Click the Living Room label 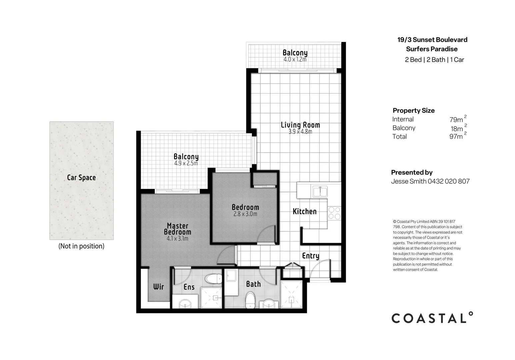pyautogui.click(x=300, y=125)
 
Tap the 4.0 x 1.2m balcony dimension pyautogui.click(x=295, y=60)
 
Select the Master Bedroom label pyautogui.click(x=177, y=229)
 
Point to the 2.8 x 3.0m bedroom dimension pyautogui.click(x=245, y=214)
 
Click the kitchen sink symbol pyautogui.click(x=320, y=192)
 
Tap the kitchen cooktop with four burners pyautogui.click(x=334, y=213)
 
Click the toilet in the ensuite pyautogui.click(x=213, y=279)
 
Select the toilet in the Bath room pyautogui.click(x=250, y=300)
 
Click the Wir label pyautogui.click(x=158, y=287)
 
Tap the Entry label pyautogui.click(x=310, y=256)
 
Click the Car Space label pyautogui.click(x=81, y=178)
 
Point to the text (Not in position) pyautogui.click(x=81, y=246)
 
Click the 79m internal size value pyautogui.click(x=456, y=120)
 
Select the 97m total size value pyautogui.click(x=456, y=137)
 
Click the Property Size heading pyautogui.click(x=413, y=111)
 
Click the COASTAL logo pyautogui.click(x=432, y=318)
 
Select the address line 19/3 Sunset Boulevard pyautogui.click(x=432, y=40)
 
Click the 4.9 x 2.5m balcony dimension pyautogui.click(x=186, y=164)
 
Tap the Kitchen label pyautogui.click(x=304, y=211)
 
